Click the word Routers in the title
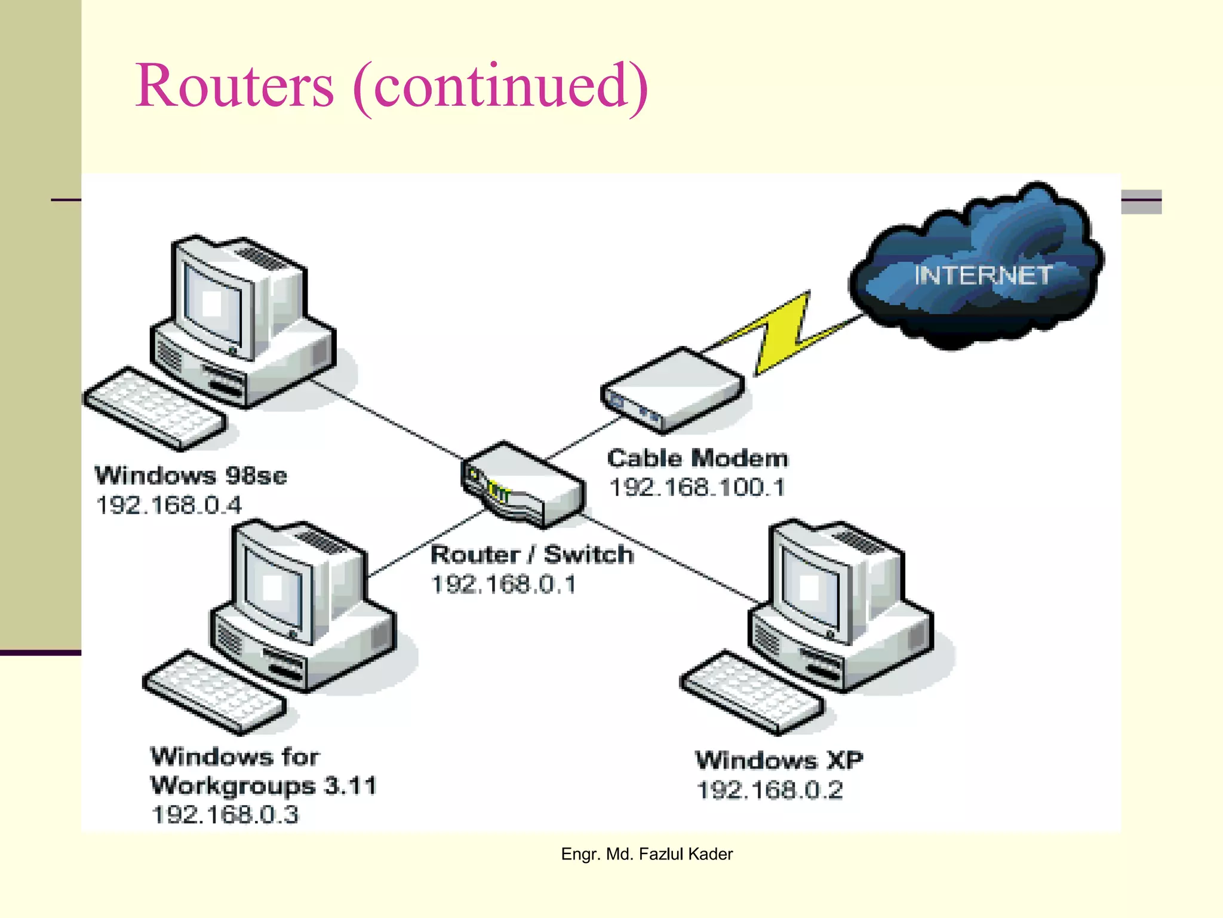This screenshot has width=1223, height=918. coord(234,87)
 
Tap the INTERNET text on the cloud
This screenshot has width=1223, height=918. coord(983,276)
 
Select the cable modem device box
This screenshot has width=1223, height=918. coord(672,388)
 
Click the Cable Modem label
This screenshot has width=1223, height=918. coord(697,458)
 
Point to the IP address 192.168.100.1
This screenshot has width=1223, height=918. coord(697,488)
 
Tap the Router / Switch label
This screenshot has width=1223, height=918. coord(531,555)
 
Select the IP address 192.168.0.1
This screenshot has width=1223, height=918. coord(503,585)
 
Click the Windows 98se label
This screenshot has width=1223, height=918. coord(190,476)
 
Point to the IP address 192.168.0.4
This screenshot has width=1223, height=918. coord(169,506)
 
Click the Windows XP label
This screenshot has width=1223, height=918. coord(779,760)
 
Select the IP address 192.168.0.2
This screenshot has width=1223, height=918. coord(770,790)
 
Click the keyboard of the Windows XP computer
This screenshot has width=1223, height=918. coord(751,693)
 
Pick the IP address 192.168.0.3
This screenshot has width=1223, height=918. coord(225,815)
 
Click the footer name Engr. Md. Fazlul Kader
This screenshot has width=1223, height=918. coord(647,854)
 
